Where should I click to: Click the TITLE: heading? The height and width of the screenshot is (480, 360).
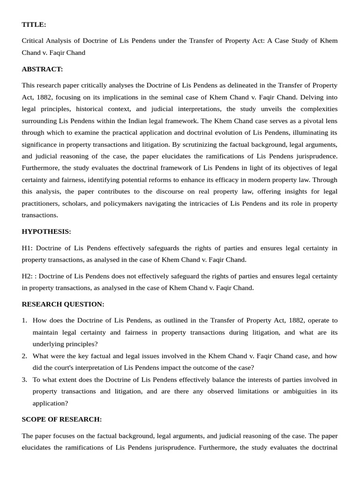(x=34, y=24)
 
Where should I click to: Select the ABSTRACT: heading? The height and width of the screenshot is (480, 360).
(x=42, y=69)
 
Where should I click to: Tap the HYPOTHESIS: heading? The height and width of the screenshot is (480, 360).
(x=46, y=232)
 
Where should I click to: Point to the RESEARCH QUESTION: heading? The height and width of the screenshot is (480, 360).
(x=63, y=304)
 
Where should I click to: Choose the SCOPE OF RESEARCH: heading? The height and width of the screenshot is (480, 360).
(x=61, y=419)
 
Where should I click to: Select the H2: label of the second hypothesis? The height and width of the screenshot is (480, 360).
(x=27, y=276)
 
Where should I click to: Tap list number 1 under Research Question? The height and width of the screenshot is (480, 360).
(x=24, y=321)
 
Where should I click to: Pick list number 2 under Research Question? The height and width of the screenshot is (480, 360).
(x=24, y=356)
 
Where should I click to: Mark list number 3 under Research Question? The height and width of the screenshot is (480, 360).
(x=24, y=379)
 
